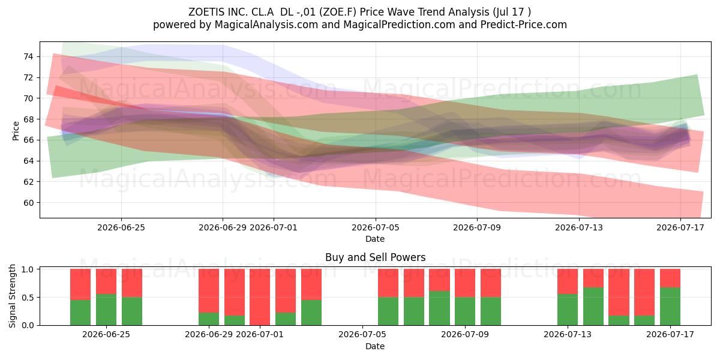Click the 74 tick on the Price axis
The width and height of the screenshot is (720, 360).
pos(28,57)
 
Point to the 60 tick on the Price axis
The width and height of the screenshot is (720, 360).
pos(28,203)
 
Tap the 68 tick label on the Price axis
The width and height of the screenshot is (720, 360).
pos(28,119)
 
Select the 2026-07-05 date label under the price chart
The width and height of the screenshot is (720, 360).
pos(375,227)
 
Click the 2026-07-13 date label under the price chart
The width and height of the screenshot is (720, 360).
pos(579,227)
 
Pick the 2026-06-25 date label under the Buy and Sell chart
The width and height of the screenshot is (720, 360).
pos(106,335)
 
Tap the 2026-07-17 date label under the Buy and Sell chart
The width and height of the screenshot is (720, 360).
pos(670,335)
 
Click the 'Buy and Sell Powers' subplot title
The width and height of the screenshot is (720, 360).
pos(375,257)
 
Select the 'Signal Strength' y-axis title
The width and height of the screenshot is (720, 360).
pos(12,296)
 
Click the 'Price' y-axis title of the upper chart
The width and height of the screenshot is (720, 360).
pos(16,131)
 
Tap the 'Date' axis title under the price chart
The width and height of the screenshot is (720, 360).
pos(375,239)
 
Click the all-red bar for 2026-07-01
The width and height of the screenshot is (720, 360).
pos(260,297)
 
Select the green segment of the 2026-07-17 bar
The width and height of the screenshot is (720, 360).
pos(670,307)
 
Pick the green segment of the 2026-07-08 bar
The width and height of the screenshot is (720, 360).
pos(439,308)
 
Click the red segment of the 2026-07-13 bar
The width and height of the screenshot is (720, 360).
pos(568,281)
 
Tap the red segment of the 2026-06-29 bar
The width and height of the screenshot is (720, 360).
pos(209,291)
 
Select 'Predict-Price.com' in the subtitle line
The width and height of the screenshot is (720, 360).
pos(524,25)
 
